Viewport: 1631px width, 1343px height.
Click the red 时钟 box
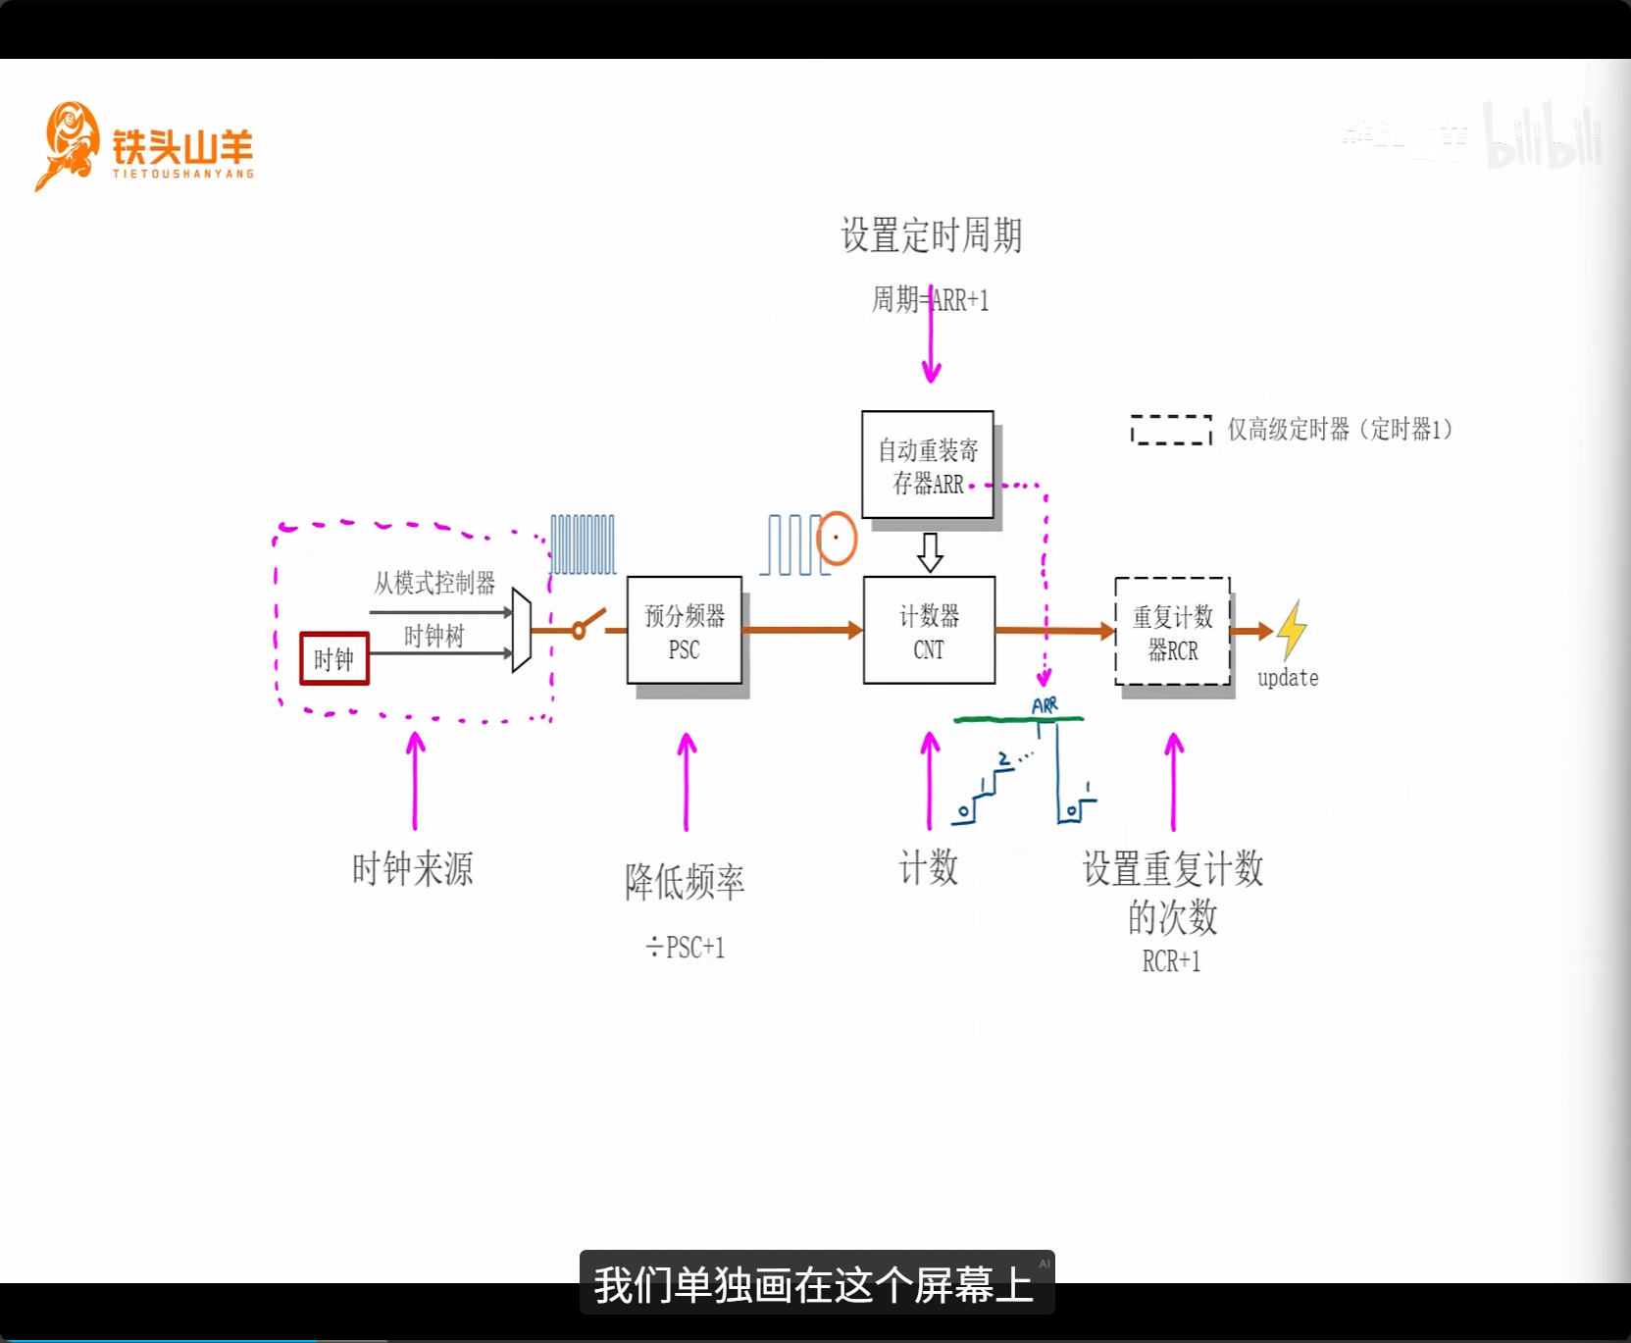click(x=334, y=658)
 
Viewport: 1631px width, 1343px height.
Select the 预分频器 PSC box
click(x=685, y=631)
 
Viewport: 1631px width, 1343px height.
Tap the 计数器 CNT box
click(x=929, y=631)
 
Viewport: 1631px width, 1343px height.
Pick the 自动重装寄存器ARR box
click(x=928, y=465)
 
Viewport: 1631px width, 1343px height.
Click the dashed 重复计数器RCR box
click(x=1173, y=632)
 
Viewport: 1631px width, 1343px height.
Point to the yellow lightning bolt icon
click(x=1292, y=629)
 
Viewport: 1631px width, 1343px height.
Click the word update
click(x=1288, y=678)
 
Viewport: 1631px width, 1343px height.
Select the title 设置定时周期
click(x=932, y=235)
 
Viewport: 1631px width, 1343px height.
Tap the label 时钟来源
click(x=413, y=869)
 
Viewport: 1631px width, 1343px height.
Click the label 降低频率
click(x=686, y=882)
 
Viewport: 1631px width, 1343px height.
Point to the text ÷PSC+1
click(x=686, y=948)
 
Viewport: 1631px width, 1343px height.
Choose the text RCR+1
click(x=1171, y=961)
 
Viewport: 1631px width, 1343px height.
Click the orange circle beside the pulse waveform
click(x=837, y=538)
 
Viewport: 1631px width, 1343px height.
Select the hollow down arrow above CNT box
click(x=930, y=552)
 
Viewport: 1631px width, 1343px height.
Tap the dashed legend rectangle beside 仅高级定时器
click(x=1171, y=430)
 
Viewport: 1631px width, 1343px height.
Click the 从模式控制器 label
click(x=434, y=584)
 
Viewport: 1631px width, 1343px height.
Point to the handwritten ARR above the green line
click(x=1045, y=705)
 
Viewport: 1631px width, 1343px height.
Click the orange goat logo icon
click(x=67, y=145)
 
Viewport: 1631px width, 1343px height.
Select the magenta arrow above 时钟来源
click(x=416, y=781)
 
